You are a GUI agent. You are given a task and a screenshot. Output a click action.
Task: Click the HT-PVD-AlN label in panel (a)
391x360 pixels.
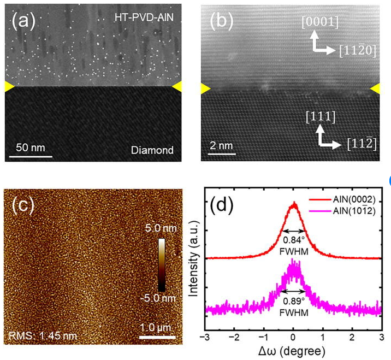point(144,17)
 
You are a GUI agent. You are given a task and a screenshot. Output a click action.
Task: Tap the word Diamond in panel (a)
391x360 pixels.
point(152,150)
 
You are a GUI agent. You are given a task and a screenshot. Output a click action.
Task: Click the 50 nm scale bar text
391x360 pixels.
point(31,147)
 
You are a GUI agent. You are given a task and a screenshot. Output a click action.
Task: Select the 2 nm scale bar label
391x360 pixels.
point(221,145)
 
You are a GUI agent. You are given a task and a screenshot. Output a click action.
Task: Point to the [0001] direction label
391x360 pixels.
point(320,22)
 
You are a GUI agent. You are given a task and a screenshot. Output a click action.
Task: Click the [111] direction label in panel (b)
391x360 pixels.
point(321,117)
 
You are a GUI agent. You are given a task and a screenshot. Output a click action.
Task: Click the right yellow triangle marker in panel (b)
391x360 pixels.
point(375,89)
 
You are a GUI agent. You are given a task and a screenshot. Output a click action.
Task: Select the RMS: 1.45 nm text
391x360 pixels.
point(43,336)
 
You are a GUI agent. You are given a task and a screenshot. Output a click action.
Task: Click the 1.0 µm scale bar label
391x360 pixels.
point(156,327)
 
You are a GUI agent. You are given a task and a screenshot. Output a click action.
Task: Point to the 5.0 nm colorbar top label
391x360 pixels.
point(161,228)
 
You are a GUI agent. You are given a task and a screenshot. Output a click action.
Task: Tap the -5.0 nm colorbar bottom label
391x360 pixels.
point(158,298)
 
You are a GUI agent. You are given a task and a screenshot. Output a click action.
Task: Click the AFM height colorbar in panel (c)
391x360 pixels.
point(162,265)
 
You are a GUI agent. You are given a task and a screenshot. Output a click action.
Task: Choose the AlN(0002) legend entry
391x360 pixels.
point(342,199)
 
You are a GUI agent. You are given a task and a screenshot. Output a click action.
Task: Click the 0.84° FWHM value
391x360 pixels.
point(294,240)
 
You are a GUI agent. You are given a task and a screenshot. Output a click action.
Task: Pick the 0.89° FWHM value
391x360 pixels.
point(294,301)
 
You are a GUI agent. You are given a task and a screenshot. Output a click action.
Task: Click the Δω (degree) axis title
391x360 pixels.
point(292,351)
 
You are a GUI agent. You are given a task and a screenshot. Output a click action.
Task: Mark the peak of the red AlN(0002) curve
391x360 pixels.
point(294,202)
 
